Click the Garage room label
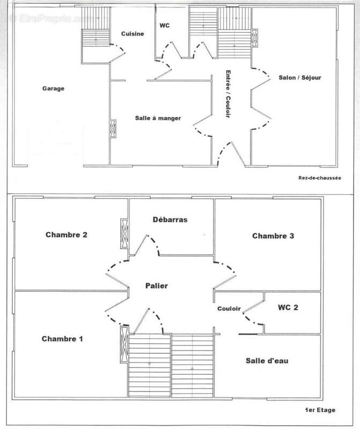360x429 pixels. pos(53,89)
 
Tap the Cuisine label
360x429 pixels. pos(132,34)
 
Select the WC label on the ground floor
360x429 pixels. pos(165,25)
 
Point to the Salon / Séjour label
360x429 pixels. pos(300,78)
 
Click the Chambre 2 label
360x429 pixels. pos(67,234)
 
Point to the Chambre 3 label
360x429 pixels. pos(273,236)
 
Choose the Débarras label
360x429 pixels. pos(170,219)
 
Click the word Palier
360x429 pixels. pos(157,286)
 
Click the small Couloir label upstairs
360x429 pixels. pos(228,309)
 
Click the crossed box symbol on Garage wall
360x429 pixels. pos(113,129)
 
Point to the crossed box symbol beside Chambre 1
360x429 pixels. pos(124,344)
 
